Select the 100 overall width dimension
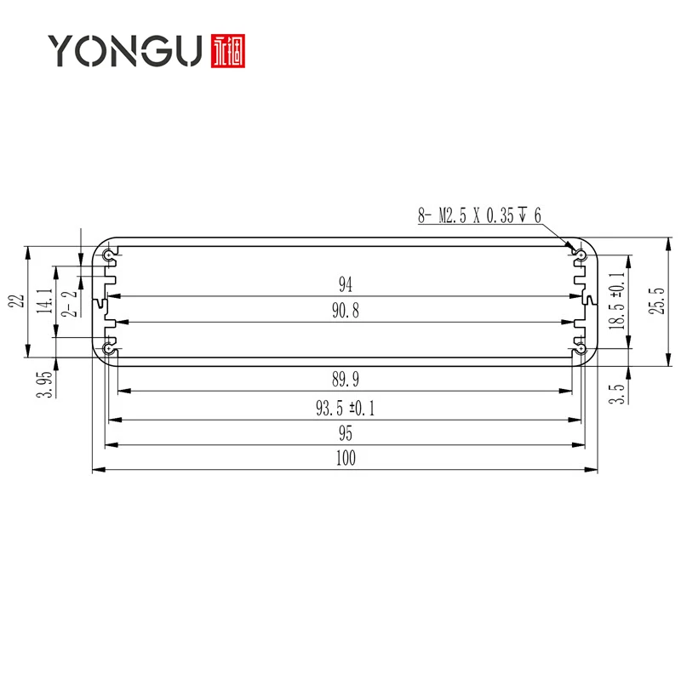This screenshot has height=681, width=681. [x=345, y=459]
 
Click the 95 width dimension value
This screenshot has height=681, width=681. [x=345, y=434]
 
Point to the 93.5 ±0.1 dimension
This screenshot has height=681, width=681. [x=345, y=409]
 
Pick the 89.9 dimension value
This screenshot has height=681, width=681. [x=345, y=380]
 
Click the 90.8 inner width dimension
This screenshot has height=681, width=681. [x=345, y=311]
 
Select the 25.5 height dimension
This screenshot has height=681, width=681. [x=655, y=300]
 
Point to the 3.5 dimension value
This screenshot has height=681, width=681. [x=617, y=392]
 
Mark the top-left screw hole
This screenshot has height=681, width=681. [x=109, y=255]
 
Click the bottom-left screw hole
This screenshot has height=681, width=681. [x=109, y=347]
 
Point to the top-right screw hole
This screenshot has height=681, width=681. [x=581, y=255]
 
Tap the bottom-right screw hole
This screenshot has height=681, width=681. [x=581, y=347]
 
